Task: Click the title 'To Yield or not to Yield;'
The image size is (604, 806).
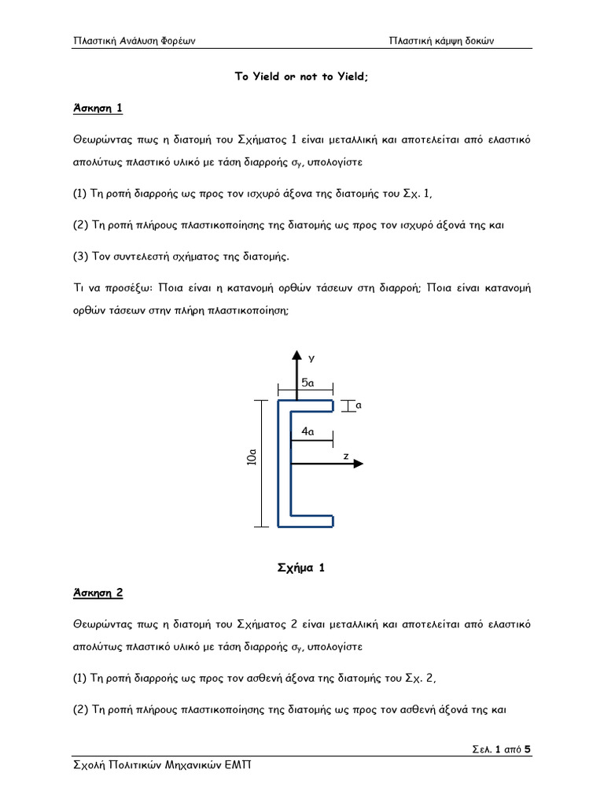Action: pyautogui.click(x=302, y=77)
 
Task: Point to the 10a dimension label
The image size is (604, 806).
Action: pyautogui.click(x=251, y=457)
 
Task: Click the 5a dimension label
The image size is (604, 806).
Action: pyautogui.click(x=308, y=383)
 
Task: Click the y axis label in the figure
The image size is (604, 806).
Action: pyautogui.click(x=311, y=358)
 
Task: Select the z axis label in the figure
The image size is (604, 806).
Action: pyautogui.click(x=346, y=456)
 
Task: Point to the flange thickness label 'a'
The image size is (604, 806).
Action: pyautogui.click(x=359, y=405)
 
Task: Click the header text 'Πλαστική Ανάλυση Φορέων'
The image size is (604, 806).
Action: pyautogui.click(x=134, y=41)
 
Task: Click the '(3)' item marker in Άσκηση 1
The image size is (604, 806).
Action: pyautogui.click(x=81, y=256)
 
